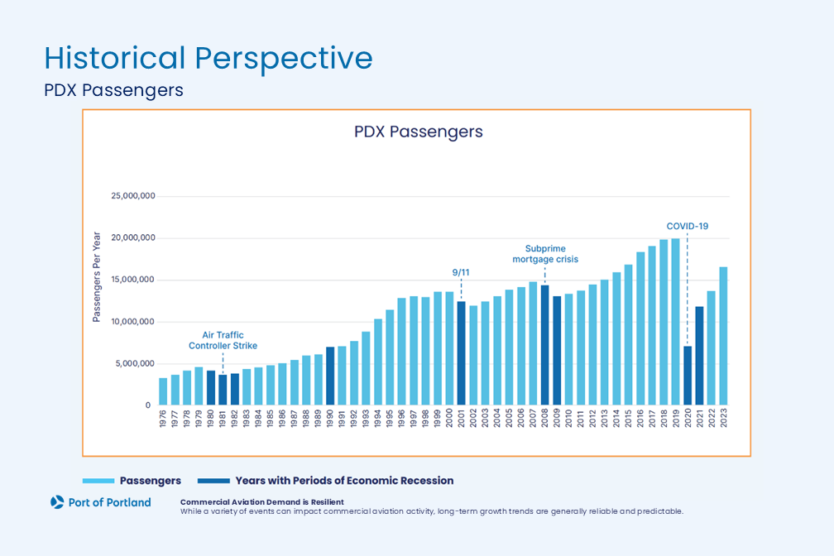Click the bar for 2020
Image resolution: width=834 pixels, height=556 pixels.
click(x=688, y=376)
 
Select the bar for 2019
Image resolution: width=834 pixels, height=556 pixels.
click(x=676, y=322)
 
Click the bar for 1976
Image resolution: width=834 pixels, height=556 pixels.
click(x=163, y=391)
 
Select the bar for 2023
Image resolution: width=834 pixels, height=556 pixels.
click(x=724, y=336)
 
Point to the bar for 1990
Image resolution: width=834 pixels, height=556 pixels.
click(x=330, y=376)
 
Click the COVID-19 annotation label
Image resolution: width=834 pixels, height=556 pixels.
click(x=688, y=226)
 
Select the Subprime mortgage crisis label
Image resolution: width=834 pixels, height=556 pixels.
click(x=544, y=253)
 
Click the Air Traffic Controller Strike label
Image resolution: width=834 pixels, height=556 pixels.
click(x=223, y=340)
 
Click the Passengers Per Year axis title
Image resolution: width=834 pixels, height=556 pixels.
click(x=97, y=278)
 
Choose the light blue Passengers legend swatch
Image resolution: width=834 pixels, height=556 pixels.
click(x=97, y=481)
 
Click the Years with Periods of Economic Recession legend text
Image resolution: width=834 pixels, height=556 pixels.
click(x=344, y=481)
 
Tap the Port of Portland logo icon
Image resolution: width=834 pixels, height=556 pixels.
click(x=57, y=501)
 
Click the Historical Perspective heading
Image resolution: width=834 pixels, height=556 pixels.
click(x=208, y=59)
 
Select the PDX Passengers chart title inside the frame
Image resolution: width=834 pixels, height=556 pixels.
click(x=418, y=132)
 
